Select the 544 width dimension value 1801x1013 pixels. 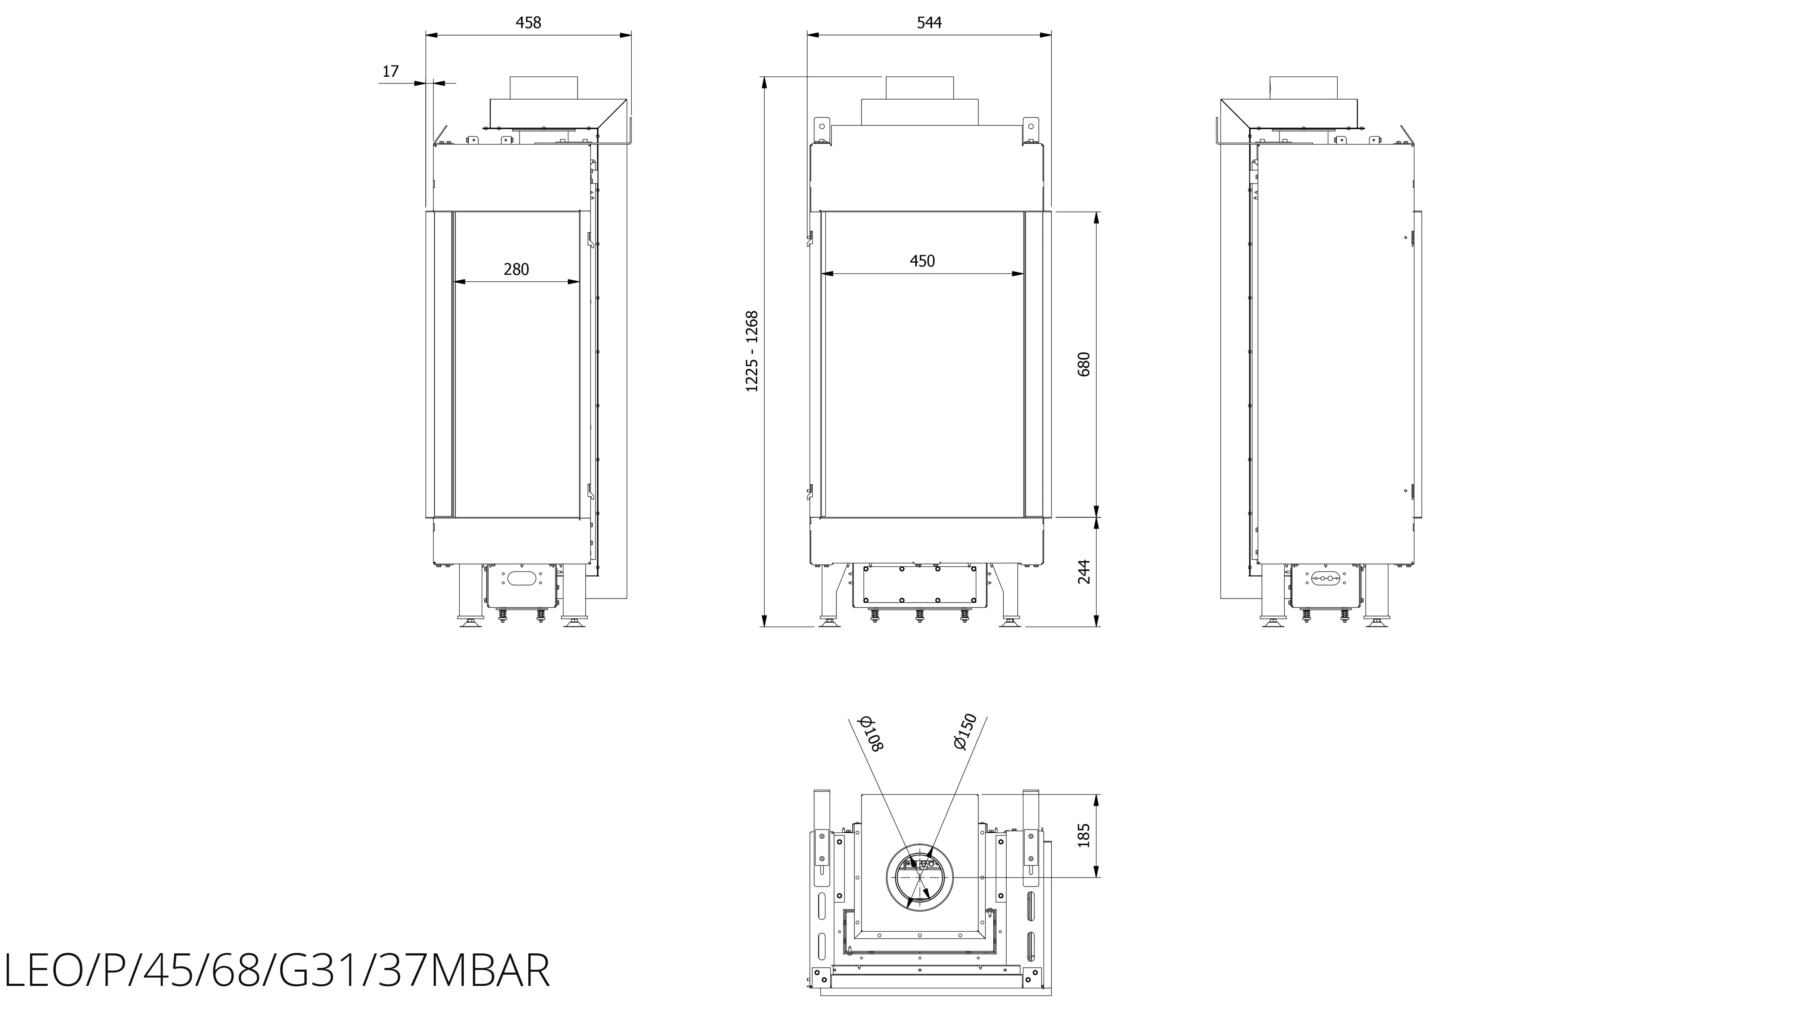point(929,23)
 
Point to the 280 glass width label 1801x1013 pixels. point(516,269)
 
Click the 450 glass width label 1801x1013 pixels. point(922,261)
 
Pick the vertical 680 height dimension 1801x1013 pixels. point(1084,364)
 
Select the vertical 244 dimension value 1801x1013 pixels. point(1084,572)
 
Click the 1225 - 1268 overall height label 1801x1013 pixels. point(751,351)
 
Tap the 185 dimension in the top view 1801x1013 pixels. point(1084,835)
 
